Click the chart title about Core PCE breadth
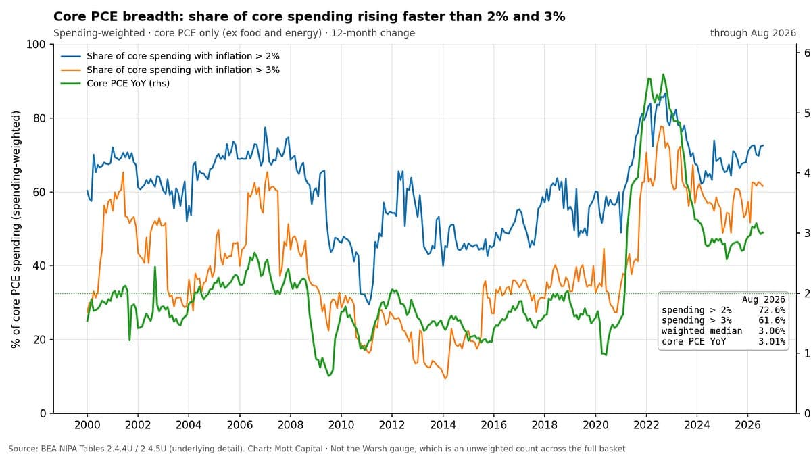[x=310, y=17]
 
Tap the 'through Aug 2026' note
[x=753, y=33]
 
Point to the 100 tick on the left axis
[x=36, y=45]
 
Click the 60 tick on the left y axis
[x=39, y=192]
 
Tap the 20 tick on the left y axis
[x=39, y=339]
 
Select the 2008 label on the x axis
[x=291, y=425]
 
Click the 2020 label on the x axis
[x=595, y=425]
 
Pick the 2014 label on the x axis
[x=443, y=425]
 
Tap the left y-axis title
[x=16, y=230]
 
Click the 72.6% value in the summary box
[x=772, y=310]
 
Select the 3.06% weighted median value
[x=772, y=331]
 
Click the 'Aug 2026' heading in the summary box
[x=764, y=300]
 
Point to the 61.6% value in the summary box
[x=772, y=320]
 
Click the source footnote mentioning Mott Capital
[x=317, y=449]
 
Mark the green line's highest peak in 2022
[x=663, y=74]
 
